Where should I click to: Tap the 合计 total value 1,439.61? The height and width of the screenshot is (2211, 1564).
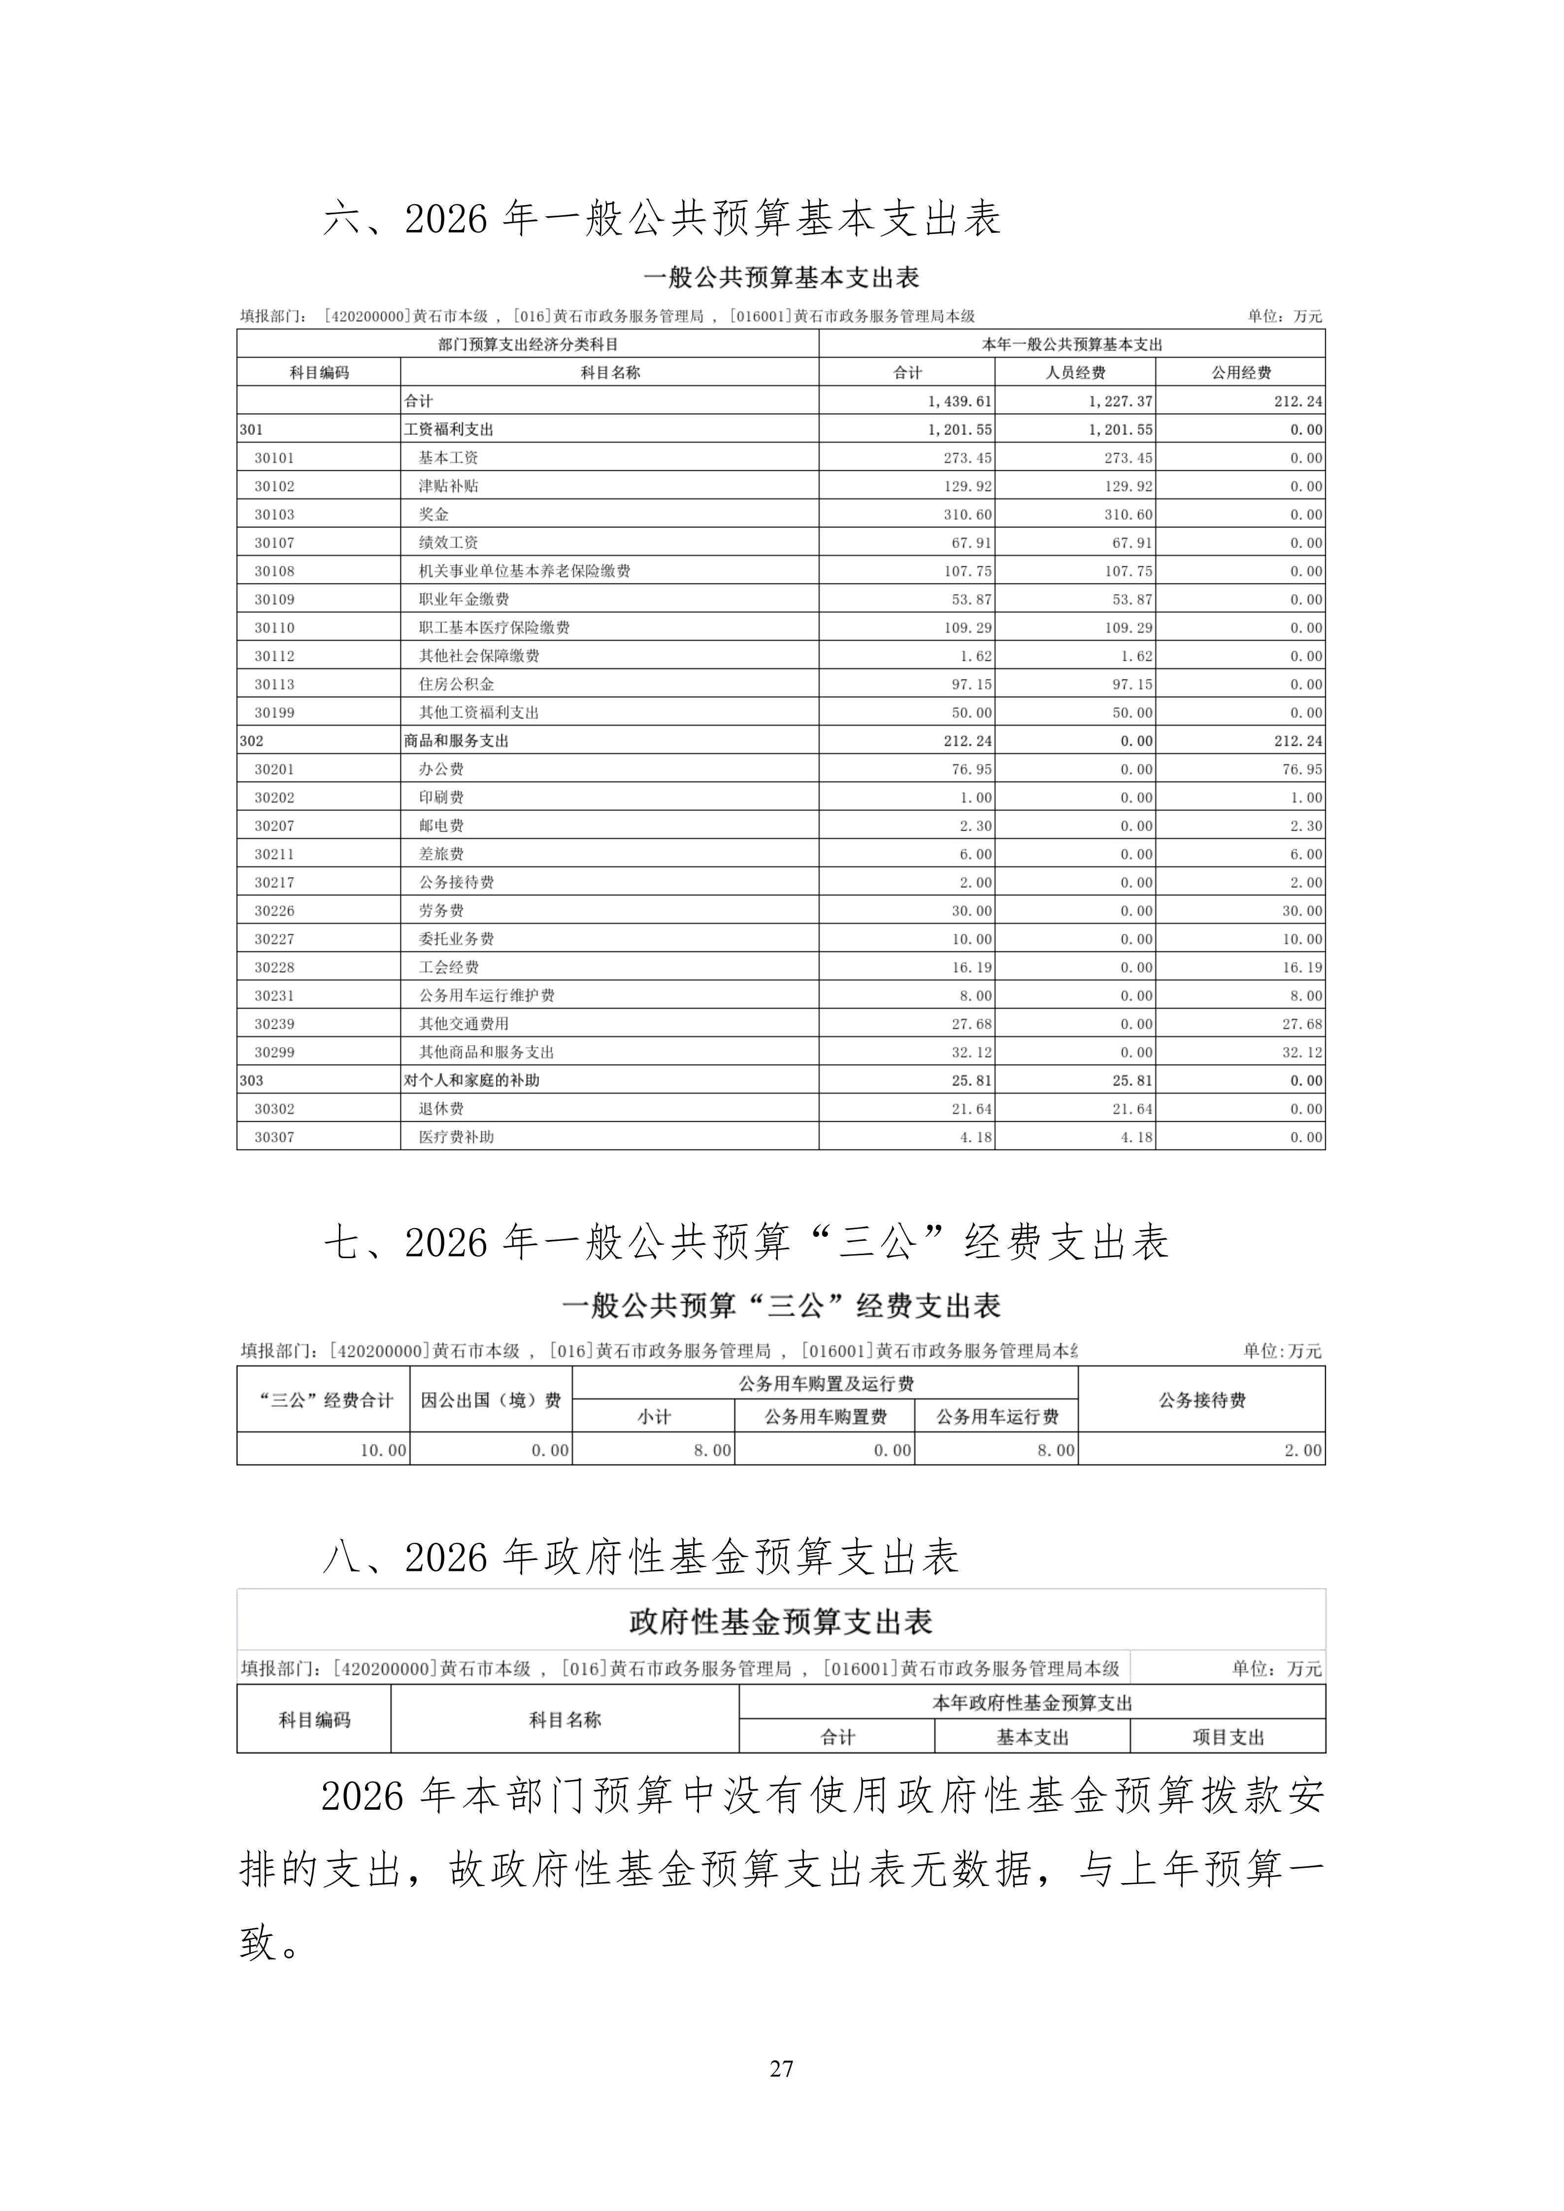[x=959, y=401]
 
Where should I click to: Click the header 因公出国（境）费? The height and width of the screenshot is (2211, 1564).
[x=491, y=1400]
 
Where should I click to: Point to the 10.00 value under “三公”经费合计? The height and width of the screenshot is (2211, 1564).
[x=383, y=1450]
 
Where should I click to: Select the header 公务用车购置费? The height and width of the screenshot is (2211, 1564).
[x=825, y=1417]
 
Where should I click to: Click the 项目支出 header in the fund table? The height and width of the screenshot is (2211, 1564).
[x=1228, y=1737]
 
